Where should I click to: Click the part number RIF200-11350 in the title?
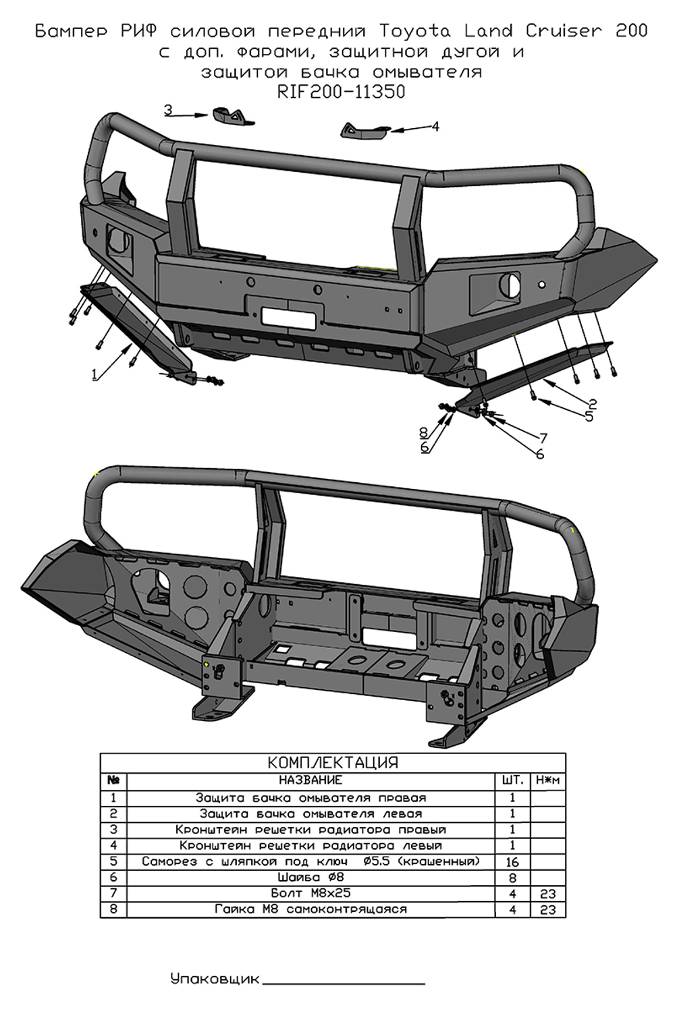[341, 92]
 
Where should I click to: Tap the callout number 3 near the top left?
[169, 110]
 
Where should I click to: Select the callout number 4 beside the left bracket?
[435, 126]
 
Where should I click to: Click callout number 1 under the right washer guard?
[95, 374]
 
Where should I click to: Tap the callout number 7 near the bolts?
[543, 438]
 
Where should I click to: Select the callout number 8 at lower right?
[424, 432]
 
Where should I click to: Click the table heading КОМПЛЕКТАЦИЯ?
[333, 763]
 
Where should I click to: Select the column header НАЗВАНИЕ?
[310, 780]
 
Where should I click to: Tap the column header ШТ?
[512, 780]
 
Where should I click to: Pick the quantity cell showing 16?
[512, 862]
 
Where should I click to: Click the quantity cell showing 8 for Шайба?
[512, 878]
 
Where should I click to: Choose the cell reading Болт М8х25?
[310, 894]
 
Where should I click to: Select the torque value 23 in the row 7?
[547, 894]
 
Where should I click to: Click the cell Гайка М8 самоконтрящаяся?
[310, 910]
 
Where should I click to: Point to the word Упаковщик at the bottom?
[215, 979]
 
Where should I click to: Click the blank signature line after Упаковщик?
[344, 981]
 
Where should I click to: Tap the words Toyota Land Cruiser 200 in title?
[513, 31]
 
